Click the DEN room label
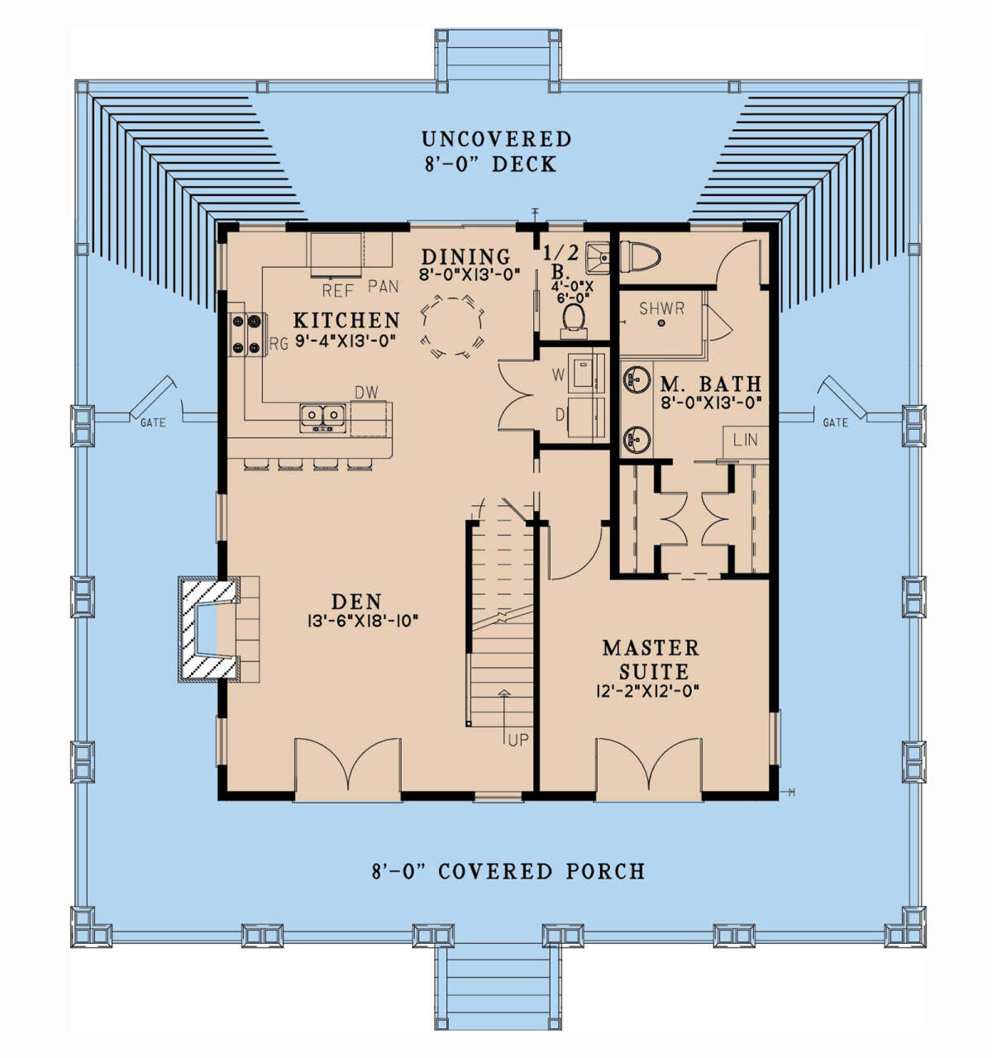[356, 602]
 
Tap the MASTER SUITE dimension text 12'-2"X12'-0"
[647, 691]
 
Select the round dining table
[452, 326]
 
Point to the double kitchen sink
[322, 417]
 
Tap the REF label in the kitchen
[338, 290]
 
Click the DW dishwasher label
[366, 393]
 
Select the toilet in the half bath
[574, 320]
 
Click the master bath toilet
[640, 257]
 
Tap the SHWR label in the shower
[661, 308]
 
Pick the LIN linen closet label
[745, 440]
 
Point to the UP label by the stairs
[518, 740]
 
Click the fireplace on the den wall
[209, 629]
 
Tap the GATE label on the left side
[153, 422]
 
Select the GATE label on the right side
[835, 422]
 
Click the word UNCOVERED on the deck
[496, 139]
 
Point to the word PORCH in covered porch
[606, 871]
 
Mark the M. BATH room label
[711, 384]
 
